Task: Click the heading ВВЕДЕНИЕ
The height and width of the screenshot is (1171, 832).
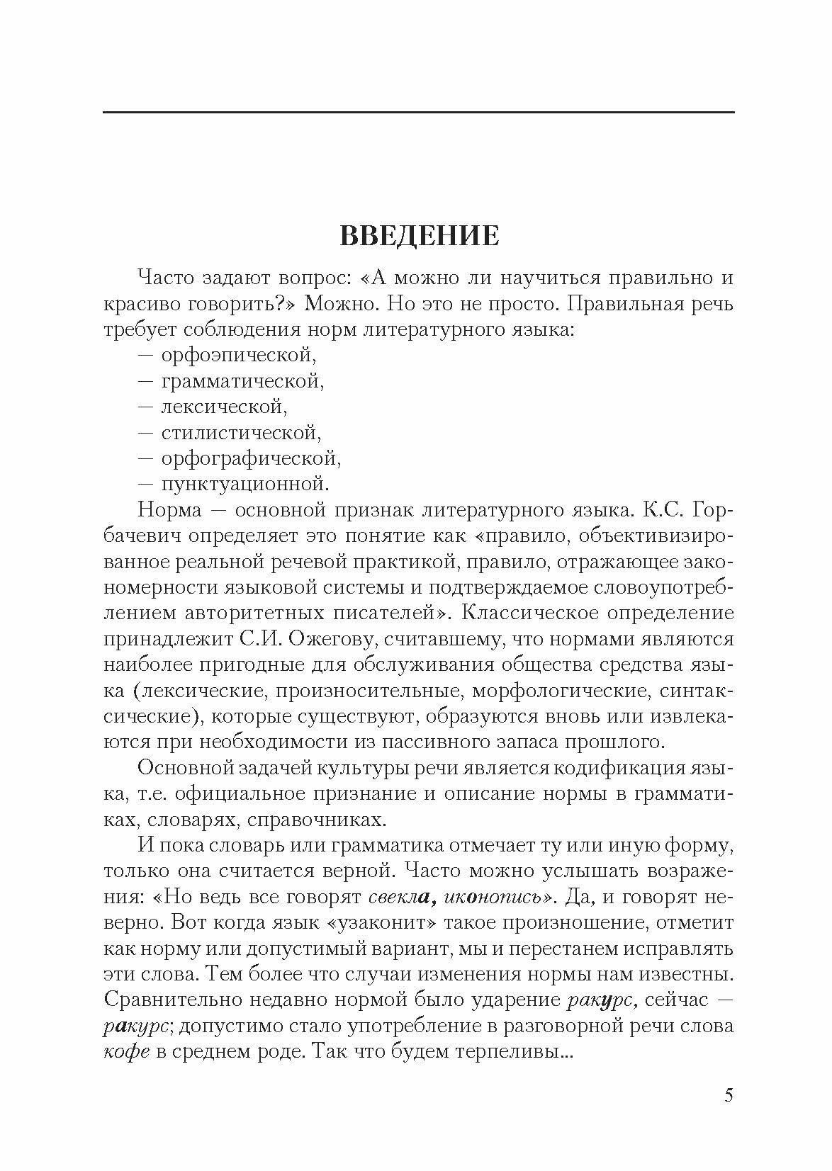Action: click(420, 236)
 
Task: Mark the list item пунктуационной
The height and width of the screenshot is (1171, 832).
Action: click(245, 485)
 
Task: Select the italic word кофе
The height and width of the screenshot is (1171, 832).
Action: click(127, 1052)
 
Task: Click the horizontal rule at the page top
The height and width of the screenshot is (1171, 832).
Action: click(418, 113)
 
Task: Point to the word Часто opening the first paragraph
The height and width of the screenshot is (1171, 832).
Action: click(168, 277)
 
